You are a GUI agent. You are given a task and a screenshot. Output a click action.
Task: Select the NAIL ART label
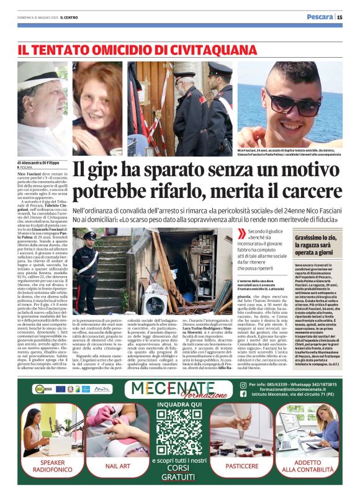point(117,465)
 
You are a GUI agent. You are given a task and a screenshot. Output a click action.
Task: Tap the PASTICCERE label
point(242,465)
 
